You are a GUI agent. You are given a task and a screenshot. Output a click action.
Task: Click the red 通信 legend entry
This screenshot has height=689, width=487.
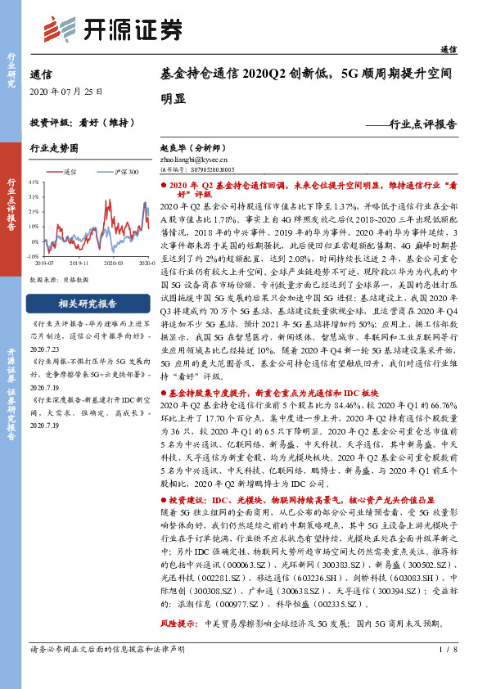[x=65, y=173]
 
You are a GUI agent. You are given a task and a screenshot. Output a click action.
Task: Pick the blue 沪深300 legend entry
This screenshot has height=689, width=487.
[x=122, y=173]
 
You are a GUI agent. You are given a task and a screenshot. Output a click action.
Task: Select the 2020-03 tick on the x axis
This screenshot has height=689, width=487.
[x=115, y=263]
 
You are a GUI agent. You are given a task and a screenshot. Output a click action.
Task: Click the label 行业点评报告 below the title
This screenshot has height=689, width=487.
[x=423, y=125]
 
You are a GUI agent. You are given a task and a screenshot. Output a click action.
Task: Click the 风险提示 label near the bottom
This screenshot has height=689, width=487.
[x=179, y=624]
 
